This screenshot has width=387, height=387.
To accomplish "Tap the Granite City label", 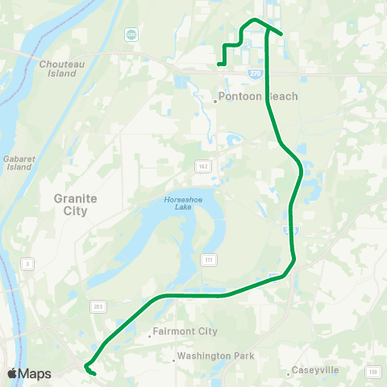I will pyautogui.click(x=75, y=204).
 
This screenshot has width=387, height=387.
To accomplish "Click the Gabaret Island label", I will pyautogui.click(x=17, y=163).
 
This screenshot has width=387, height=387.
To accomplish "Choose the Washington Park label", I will pyautogui.click(x=216, y=356).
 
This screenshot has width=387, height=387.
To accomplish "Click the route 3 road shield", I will pyautogui.click(x=27, y=264).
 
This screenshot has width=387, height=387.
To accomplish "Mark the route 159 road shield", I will pyautogui.click(x=372, y=371).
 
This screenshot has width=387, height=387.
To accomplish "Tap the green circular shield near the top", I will pyautogui.click(x=131, y=35).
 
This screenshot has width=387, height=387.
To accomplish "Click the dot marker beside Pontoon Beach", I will pyautogui.click(x=216, y=101).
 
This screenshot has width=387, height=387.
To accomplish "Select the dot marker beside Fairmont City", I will pyautogui.click(x=150, y=331).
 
